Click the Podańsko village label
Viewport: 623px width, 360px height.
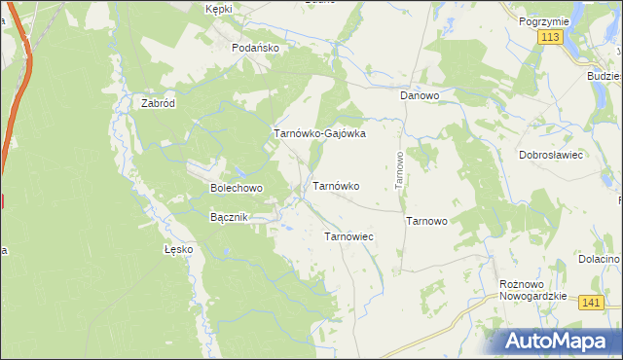(255, 48)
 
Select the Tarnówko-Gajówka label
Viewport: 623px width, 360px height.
(319, 134)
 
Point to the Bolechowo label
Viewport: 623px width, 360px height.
(237, 187)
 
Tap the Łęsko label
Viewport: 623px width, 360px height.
(179, 249)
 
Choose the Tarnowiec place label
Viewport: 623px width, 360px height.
(348, 236)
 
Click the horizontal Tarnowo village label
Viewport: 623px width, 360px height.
(426, 221)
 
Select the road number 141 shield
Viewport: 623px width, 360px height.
(590, 304)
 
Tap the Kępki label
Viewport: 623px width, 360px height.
(220, 8)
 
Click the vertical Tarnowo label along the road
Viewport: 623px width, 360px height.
(398, 170)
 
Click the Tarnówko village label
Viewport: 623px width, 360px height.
(336, 185)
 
